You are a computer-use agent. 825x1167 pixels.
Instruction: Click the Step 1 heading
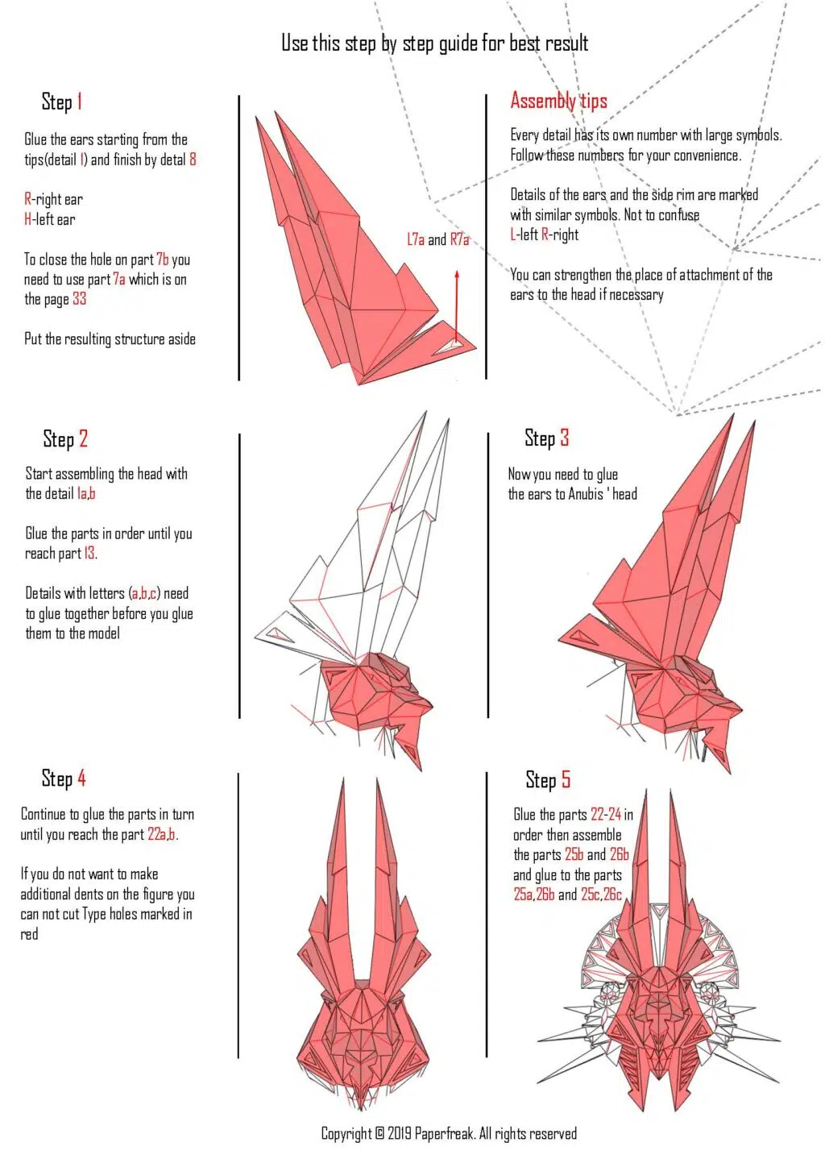coord(62,102)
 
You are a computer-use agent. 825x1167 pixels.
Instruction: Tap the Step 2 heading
coord(65,439)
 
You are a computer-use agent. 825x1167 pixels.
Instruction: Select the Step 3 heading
coord(546,438)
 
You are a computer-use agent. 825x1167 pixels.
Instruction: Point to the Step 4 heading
coord(64,779)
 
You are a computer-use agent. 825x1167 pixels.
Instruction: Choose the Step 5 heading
coord(548,780)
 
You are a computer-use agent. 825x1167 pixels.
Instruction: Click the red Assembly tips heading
coord(558,101)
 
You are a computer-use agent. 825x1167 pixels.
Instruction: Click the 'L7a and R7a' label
coord(437,239)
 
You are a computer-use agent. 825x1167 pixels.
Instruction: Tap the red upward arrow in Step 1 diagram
coord(457,306)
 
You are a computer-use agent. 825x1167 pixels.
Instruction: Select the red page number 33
coord(79,299)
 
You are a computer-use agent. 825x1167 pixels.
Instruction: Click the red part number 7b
coord(162,260)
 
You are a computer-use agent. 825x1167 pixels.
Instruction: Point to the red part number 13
coord(89,554)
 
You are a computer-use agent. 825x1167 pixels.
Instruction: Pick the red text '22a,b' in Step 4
coord(162,835)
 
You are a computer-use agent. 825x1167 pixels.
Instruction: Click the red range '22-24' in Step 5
coord(605,815)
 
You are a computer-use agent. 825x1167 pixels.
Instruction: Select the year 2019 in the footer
coord(399,1134)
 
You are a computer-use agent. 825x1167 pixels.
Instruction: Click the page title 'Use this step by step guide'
coord(434,44)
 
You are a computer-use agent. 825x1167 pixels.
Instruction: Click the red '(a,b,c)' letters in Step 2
coord(144,594)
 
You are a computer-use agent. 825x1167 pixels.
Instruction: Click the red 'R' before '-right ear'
coord(28,200)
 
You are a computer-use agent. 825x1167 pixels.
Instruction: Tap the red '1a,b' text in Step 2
coord(86,493)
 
